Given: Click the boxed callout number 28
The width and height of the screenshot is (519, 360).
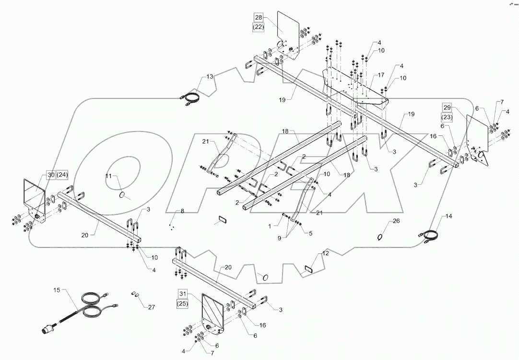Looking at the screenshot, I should [x=259, y=17].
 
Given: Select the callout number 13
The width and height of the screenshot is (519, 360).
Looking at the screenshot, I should [x=209, y=77].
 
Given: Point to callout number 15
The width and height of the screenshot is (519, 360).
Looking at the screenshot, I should [x=58, y=291].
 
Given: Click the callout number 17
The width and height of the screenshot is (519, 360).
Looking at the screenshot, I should [x=380, y=75].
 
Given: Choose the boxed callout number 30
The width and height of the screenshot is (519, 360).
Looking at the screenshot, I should [x=51, y=175].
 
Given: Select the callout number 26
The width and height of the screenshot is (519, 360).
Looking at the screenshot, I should [x=396, y=221].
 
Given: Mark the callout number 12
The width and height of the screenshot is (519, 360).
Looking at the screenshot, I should [x=325, y=253].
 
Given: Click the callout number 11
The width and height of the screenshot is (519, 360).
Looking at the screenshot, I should [x=108, y=177].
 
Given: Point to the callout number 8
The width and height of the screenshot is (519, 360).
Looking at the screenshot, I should [x=182, y=211].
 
